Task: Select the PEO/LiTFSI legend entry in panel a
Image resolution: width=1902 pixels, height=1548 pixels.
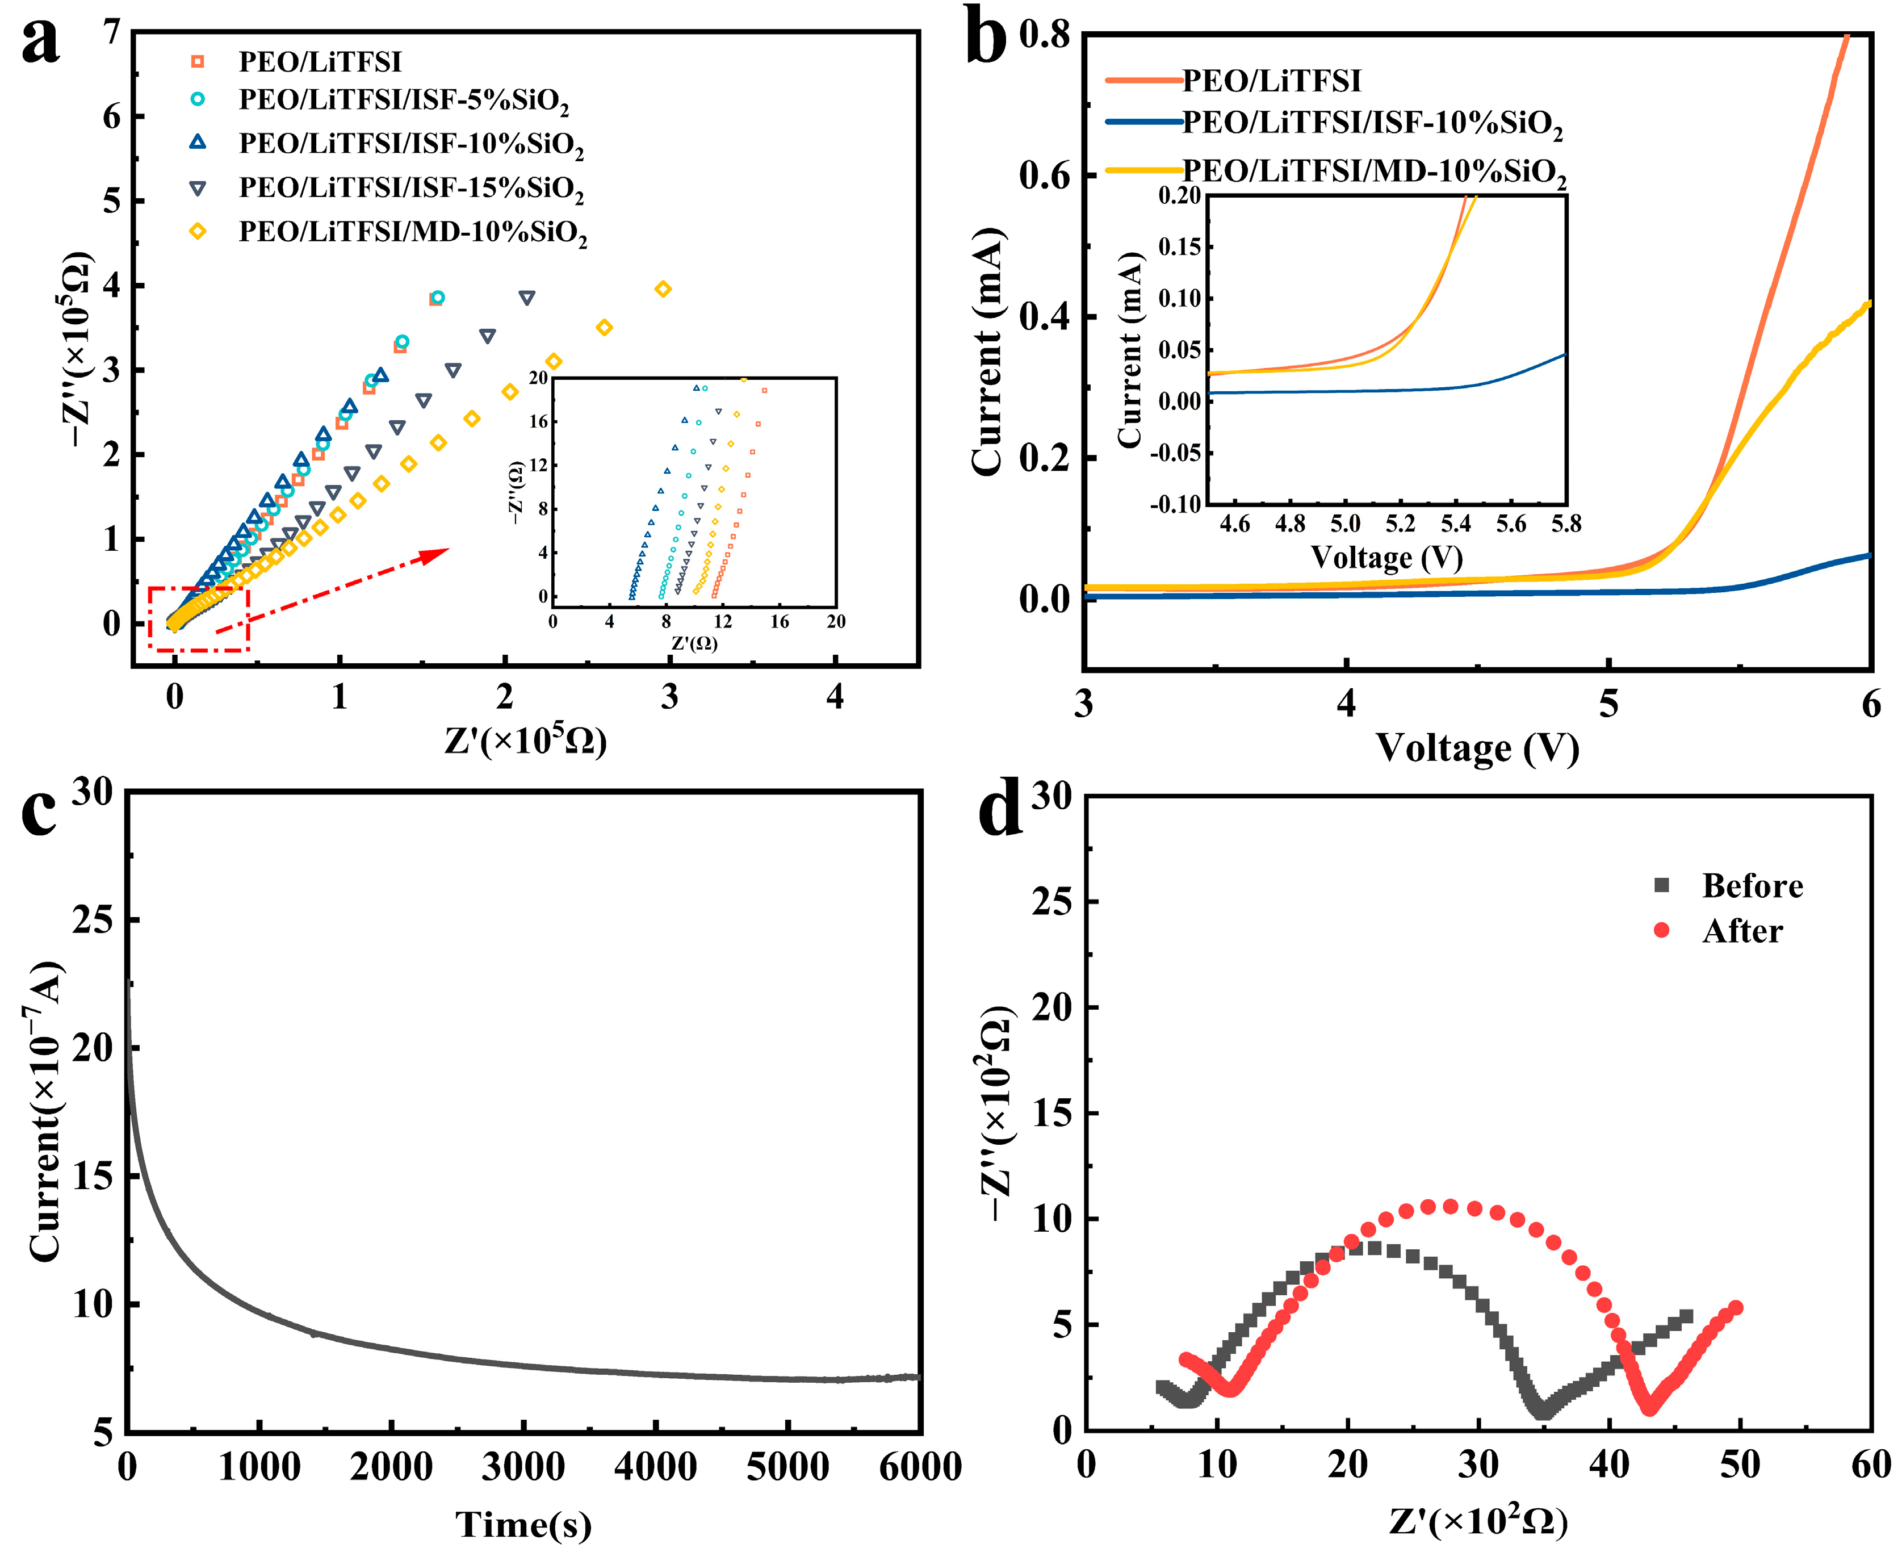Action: click(x=319, y=61)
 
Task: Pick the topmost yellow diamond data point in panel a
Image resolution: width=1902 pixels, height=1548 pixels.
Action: click(x=663, y=289)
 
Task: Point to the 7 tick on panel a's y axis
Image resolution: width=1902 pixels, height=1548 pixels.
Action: click(x=111, y=32)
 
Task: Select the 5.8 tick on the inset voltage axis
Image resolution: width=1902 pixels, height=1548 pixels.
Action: click(x=1566, y=524)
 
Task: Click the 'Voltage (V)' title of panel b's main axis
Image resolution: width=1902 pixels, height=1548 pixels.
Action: click(x=1477, y=747)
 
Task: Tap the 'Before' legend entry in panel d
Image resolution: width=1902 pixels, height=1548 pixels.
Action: click(x=1752, y=885)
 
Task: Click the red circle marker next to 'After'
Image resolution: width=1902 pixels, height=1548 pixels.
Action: click(x=1661, y=931)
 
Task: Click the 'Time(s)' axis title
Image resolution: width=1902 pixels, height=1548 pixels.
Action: click(x=523, y=1524)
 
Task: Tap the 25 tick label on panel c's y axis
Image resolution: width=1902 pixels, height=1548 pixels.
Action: click(x=93, y=919)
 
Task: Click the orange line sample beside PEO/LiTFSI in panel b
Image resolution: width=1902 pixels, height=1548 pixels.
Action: click(x=1142, y=80)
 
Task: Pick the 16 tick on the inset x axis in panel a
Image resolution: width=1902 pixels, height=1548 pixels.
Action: click(x=780, y=621)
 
